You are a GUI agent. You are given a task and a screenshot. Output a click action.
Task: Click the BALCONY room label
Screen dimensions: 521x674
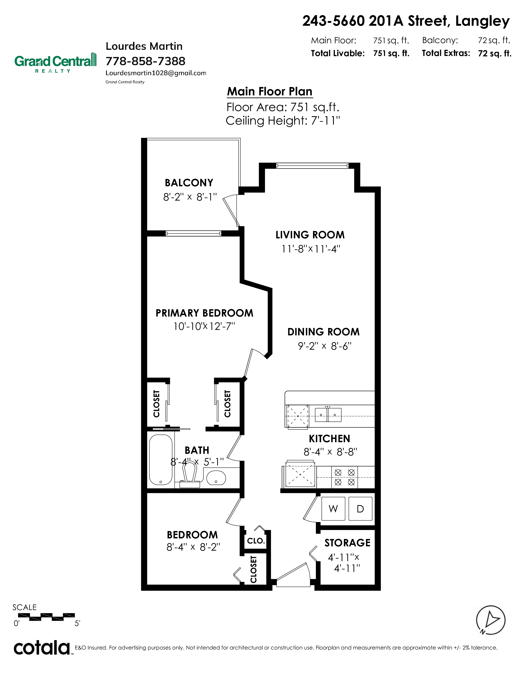(x=189, y=183)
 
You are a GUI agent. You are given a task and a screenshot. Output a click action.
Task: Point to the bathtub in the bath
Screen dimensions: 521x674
(x=161, y=460)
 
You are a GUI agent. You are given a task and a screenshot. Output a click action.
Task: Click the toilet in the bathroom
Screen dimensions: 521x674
(x=190, y=476)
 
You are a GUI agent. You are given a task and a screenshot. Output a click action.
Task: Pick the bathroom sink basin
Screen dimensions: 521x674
(x=216, y=478)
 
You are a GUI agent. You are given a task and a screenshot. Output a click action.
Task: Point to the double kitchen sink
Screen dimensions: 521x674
(x=328, y=415)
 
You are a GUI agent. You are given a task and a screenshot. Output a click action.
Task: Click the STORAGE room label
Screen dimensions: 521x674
(x=347, y=543)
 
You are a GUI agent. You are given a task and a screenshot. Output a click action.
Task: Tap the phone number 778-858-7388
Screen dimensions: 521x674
(x=145, y=61)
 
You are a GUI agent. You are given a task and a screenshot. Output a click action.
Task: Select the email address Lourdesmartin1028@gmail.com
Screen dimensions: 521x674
(x=156, y=73)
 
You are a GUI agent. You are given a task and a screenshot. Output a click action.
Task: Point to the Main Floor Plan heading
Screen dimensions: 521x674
(x=269, y=92)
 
